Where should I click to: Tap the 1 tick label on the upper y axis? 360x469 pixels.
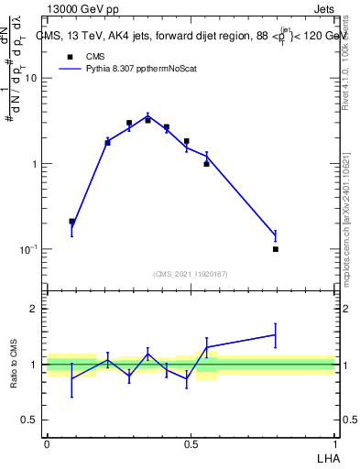click(35, 164)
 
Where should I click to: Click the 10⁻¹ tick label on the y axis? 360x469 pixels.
click(29, 250)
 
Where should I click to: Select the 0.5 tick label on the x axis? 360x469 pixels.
click(191, 443)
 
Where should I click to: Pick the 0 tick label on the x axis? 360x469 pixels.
click(46, 443)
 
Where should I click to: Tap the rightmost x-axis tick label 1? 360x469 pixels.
click(335, 443)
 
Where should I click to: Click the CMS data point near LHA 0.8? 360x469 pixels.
click(275, 249)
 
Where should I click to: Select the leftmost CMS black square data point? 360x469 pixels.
click(72, 222)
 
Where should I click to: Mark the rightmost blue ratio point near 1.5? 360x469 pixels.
click(275, 335)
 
